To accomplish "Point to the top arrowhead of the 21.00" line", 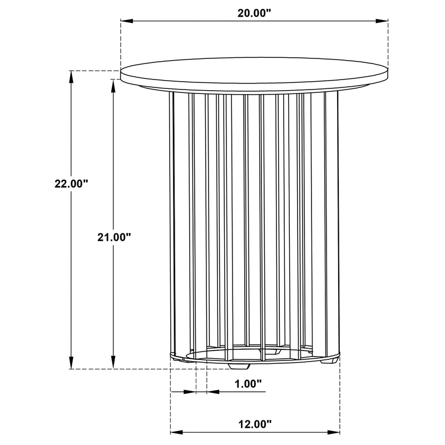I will point(114,84).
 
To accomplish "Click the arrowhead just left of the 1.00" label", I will point(212,392).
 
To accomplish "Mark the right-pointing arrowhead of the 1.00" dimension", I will point(192,392).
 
